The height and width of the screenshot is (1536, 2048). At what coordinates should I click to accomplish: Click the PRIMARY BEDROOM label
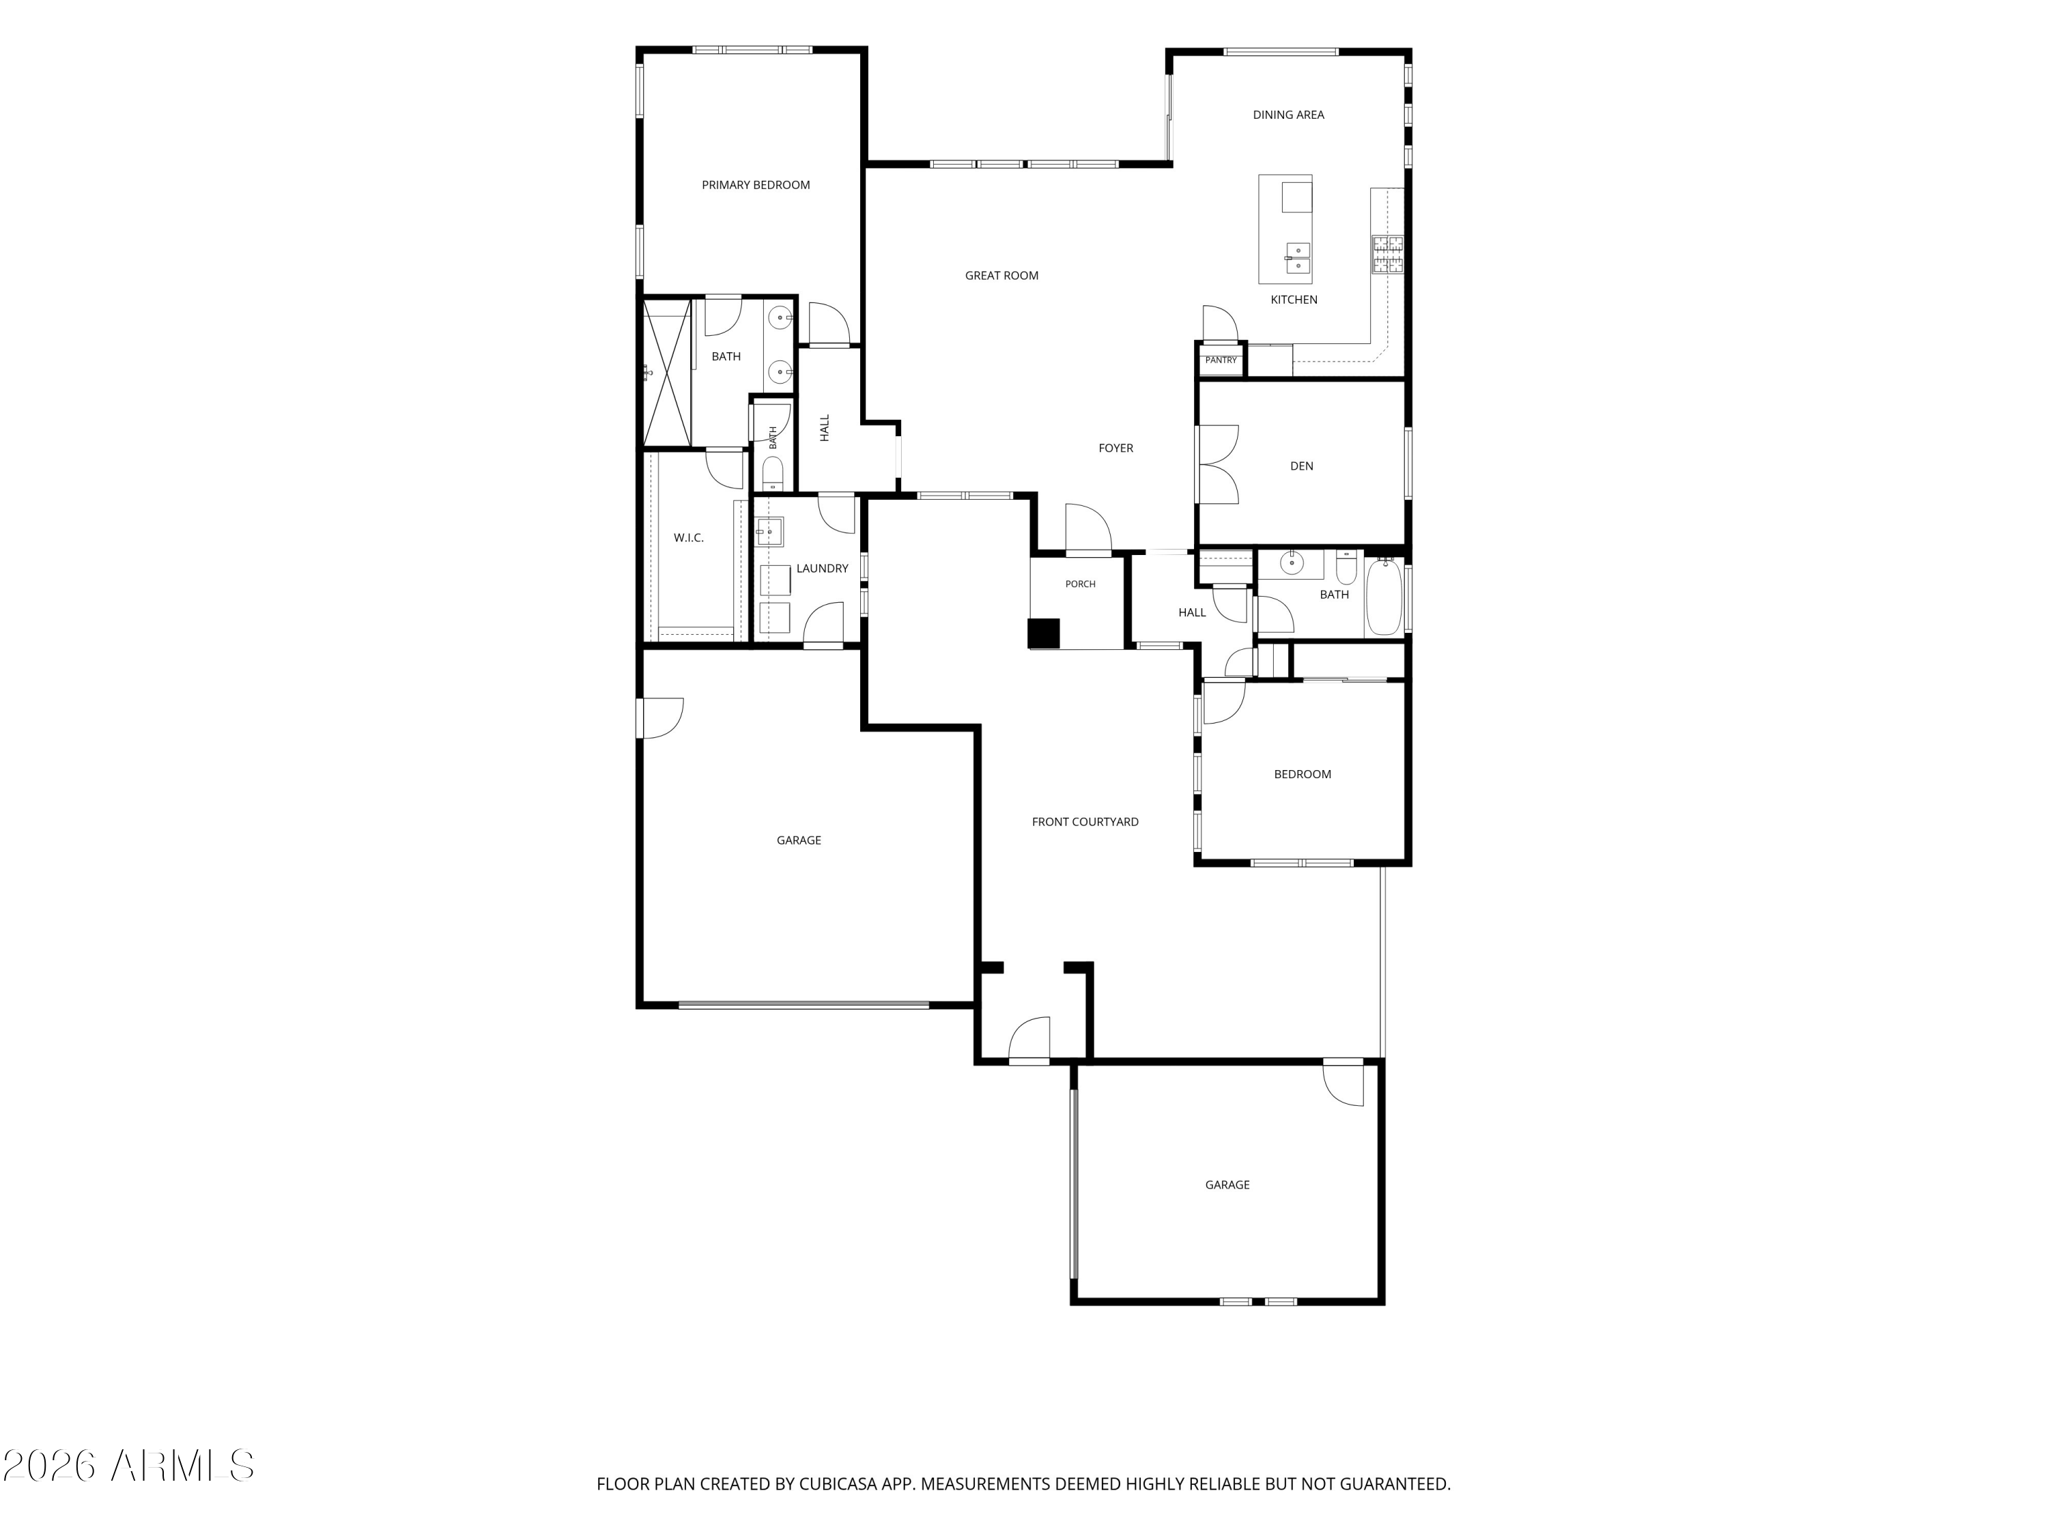(756, 185)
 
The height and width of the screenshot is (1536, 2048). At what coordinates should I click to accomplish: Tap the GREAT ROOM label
(1001, 275)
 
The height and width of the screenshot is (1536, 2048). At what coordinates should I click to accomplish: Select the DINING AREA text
(1288, 115)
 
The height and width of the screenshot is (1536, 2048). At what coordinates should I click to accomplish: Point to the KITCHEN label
(1294, 299)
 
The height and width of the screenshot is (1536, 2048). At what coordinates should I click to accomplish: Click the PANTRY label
(1221, 360)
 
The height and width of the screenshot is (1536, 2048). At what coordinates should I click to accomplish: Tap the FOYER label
(1115, 448)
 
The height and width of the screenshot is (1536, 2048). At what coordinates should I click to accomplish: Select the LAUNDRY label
(822, 569)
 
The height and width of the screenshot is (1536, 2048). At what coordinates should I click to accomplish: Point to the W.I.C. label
(688, 538)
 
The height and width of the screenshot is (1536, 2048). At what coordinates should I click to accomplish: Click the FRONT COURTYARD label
(1085, 821)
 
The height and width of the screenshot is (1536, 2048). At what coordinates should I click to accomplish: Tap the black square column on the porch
(1043, 634)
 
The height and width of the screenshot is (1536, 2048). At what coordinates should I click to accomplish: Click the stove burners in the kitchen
(1387, 254)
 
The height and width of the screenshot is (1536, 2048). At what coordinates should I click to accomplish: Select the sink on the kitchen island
(1298, 258)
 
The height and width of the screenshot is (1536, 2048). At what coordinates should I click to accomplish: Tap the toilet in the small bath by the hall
(772, 473)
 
